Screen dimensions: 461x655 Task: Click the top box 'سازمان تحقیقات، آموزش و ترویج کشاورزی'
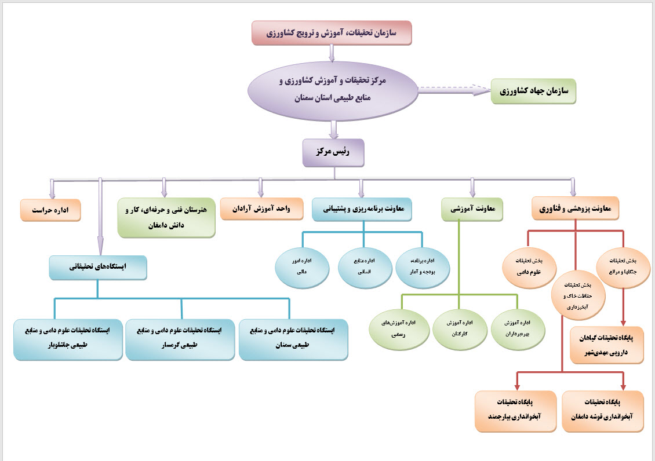point(332,33)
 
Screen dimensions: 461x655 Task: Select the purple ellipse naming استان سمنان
point(333,89)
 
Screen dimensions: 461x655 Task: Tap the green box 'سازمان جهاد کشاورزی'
point(533,92)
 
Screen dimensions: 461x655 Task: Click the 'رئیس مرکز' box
point(333,152)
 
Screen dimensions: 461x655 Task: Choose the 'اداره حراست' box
point(50,210)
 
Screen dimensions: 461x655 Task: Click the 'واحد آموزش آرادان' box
point(261,208)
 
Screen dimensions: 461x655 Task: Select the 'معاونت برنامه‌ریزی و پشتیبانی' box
point(362,208)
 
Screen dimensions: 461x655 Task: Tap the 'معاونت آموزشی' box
point(472,209)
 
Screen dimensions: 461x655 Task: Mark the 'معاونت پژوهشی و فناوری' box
point(575,208)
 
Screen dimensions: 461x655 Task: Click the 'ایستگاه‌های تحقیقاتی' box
point(98,267)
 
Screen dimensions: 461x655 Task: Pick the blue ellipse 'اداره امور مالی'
point(301,268)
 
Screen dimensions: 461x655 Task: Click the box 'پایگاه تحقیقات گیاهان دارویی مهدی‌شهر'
point(606,345)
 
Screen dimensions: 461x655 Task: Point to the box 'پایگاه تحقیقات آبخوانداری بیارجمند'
point(514,410)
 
